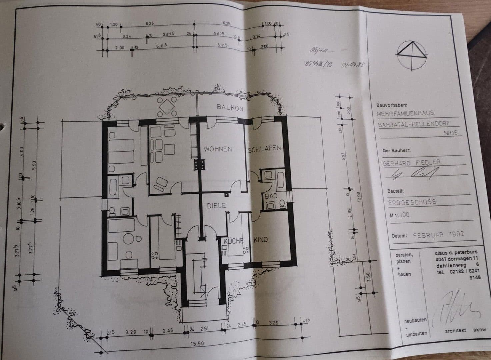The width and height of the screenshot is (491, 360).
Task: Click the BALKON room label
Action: (230, 108)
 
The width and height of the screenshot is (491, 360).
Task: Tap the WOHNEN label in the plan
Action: (218, 149)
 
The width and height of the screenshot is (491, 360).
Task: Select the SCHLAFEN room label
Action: (264, 148)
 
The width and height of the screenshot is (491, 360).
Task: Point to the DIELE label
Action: (217, 206)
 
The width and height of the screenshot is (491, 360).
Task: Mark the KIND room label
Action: (261, 240)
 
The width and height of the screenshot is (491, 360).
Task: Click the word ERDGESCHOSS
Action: (412, 202)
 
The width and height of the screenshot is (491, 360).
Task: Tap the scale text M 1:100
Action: (399, 215)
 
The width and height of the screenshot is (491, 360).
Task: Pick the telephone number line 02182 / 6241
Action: (458, 271)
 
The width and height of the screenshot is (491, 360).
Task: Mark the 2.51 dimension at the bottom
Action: (204, 329)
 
